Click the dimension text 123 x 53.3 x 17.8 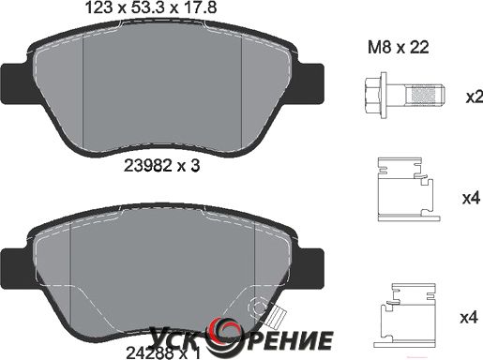tap(151, 7)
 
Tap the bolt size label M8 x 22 tap(398, 48)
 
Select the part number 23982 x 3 tap(162, 165)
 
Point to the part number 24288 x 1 tap(162, 353)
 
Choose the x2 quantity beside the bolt tap(475, 97)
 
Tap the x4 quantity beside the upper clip tap(471, 198)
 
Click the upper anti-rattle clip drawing tap(406, 189)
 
